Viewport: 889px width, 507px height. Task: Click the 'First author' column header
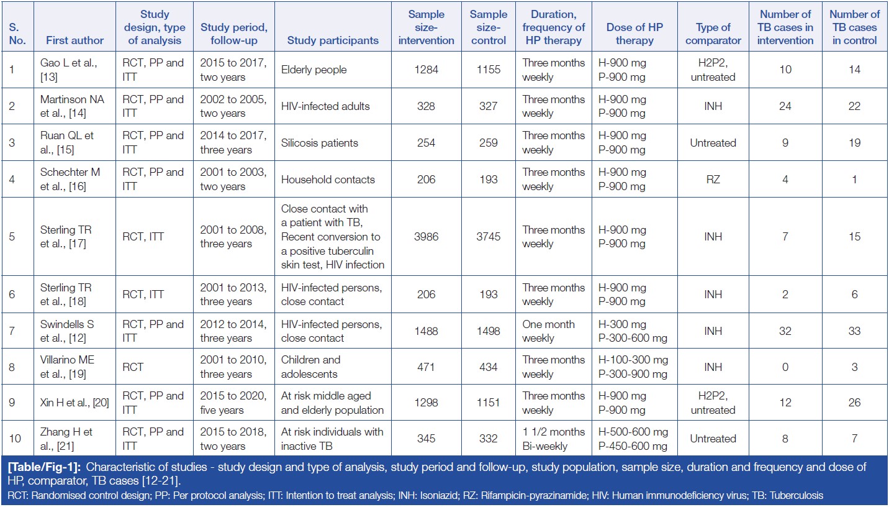pos(75,40)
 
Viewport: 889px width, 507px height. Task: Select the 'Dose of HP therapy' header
pos(634,34)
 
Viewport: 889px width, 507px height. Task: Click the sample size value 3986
pos(426,237)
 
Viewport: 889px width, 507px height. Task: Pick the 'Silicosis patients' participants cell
pos(319,143)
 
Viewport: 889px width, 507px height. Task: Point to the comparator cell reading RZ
pos(713,180)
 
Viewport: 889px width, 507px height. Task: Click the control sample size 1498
pos(488,331)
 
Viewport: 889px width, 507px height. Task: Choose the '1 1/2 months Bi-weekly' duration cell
pos(553,439)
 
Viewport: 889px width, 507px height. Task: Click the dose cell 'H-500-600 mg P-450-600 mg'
pos(634,439)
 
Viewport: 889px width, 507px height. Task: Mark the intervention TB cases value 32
pos(785,331)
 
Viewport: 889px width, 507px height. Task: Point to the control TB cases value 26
pos(854,403)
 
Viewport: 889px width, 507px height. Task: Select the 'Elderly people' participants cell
pos(314,70)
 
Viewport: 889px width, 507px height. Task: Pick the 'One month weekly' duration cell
pos(548,331)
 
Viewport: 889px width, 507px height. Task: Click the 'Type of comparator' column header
pos(713,34)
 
